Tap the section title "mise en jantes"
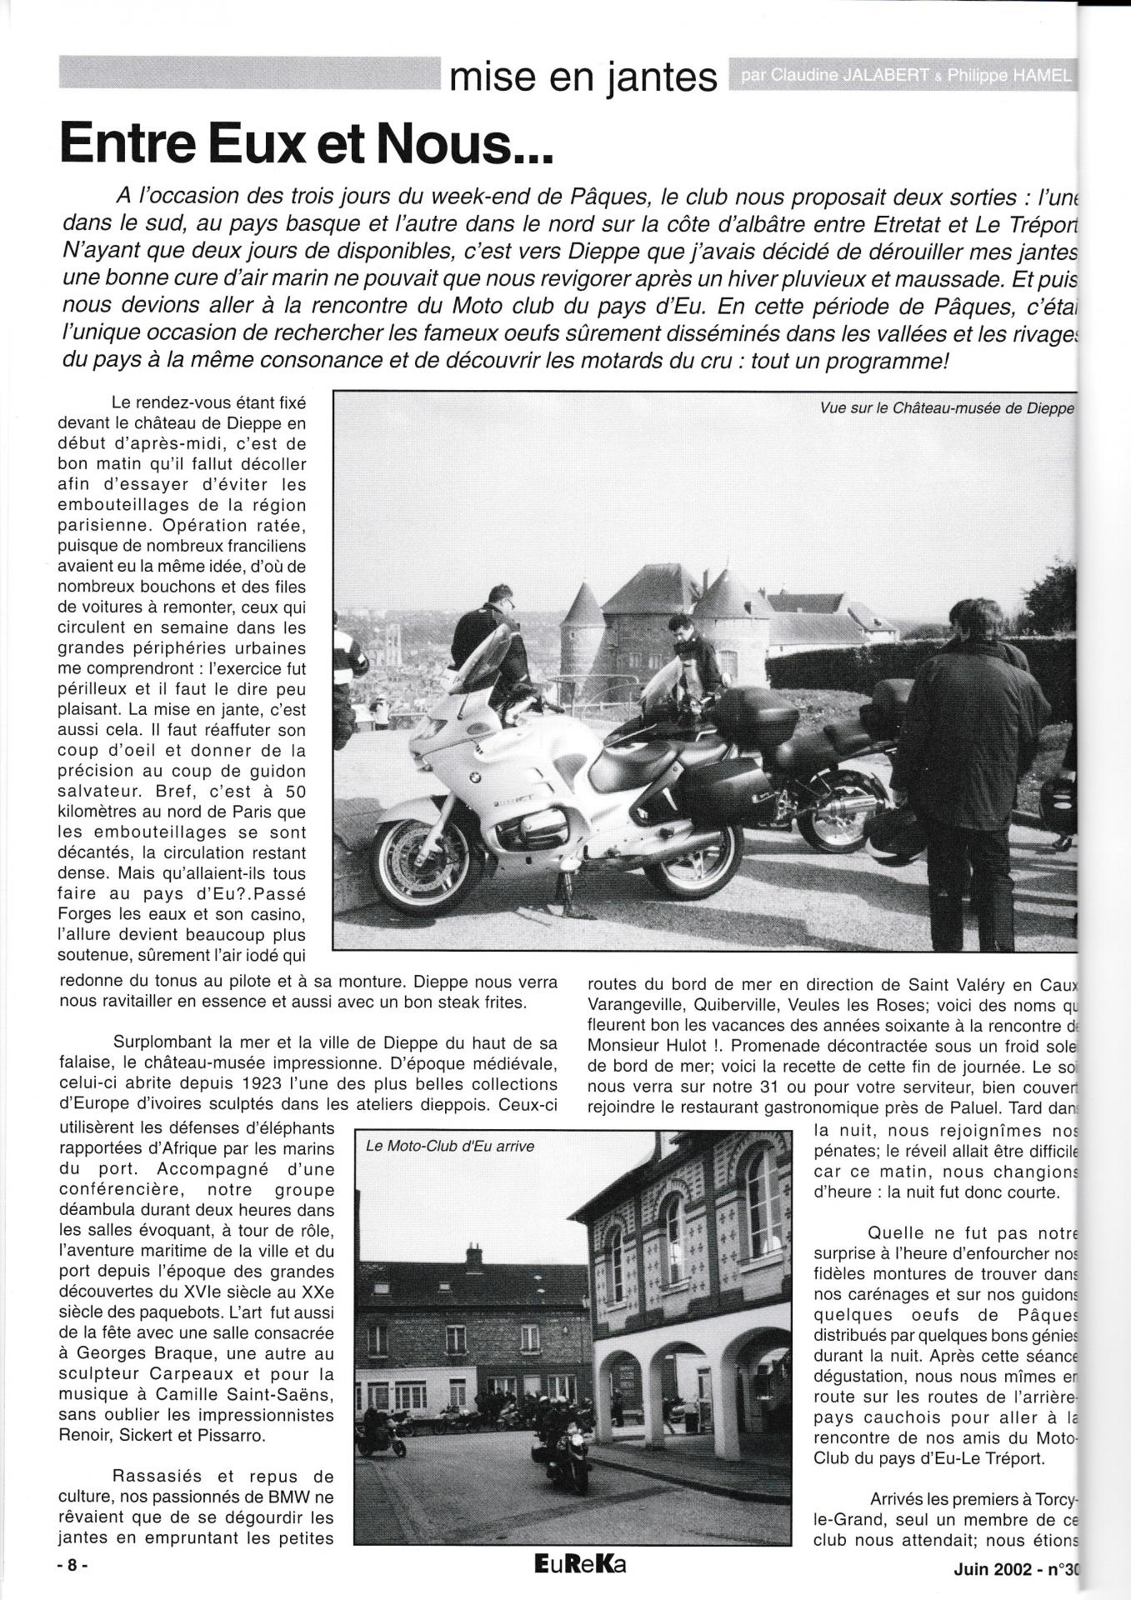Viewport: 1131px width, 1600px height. [583, 77]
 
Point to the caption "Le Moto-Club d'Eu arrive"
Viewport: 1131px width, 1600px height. [450, 1146]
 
